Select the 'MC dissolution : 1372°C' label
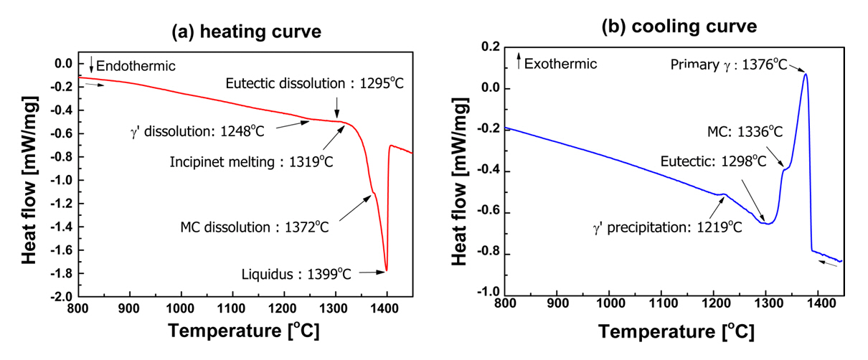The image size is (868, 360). [x=255, y=228]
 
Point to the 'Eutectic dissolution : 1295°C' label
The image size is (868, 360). [x=314, y=83]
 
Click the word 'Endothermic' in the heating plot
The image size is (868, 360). [x=136, y=66]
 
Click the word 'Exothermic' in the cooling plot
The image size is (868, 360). [x=561, y=64]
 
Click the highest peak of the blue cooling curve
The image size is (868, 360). [x=806, y=74]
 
